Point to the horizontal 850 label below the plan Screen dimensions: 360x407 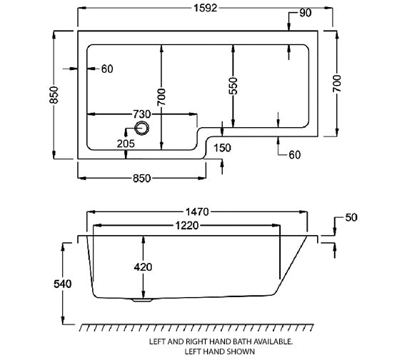tap(142, 179)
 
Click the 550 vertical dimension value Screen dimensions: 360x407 tap(233, 86)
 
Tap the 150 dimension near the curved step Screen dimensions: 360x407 tap(222, 148)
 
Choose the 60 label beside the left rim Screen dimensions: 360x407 tap(107, 69)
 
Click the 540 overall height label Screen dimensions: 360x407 tap(63, 284)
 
